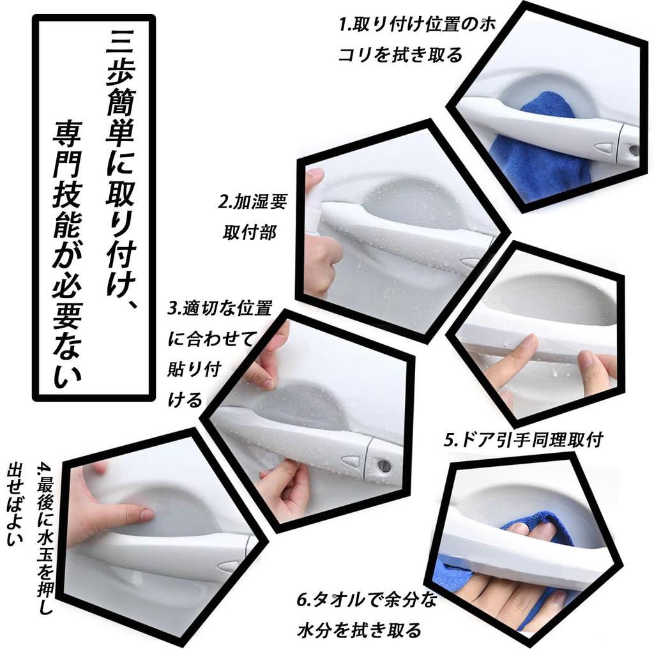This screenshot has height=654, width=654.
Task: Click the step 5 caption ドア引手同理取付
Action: (x=523, y=440)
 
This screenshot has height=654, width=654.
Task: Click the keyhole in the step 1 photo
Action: (x=634, y=150)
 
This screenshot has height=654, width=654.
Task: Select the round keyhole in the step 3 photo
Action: (x=385, y=464)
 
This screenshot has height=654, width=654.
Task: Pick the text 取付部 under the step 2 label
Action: (x=250, y=232)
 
